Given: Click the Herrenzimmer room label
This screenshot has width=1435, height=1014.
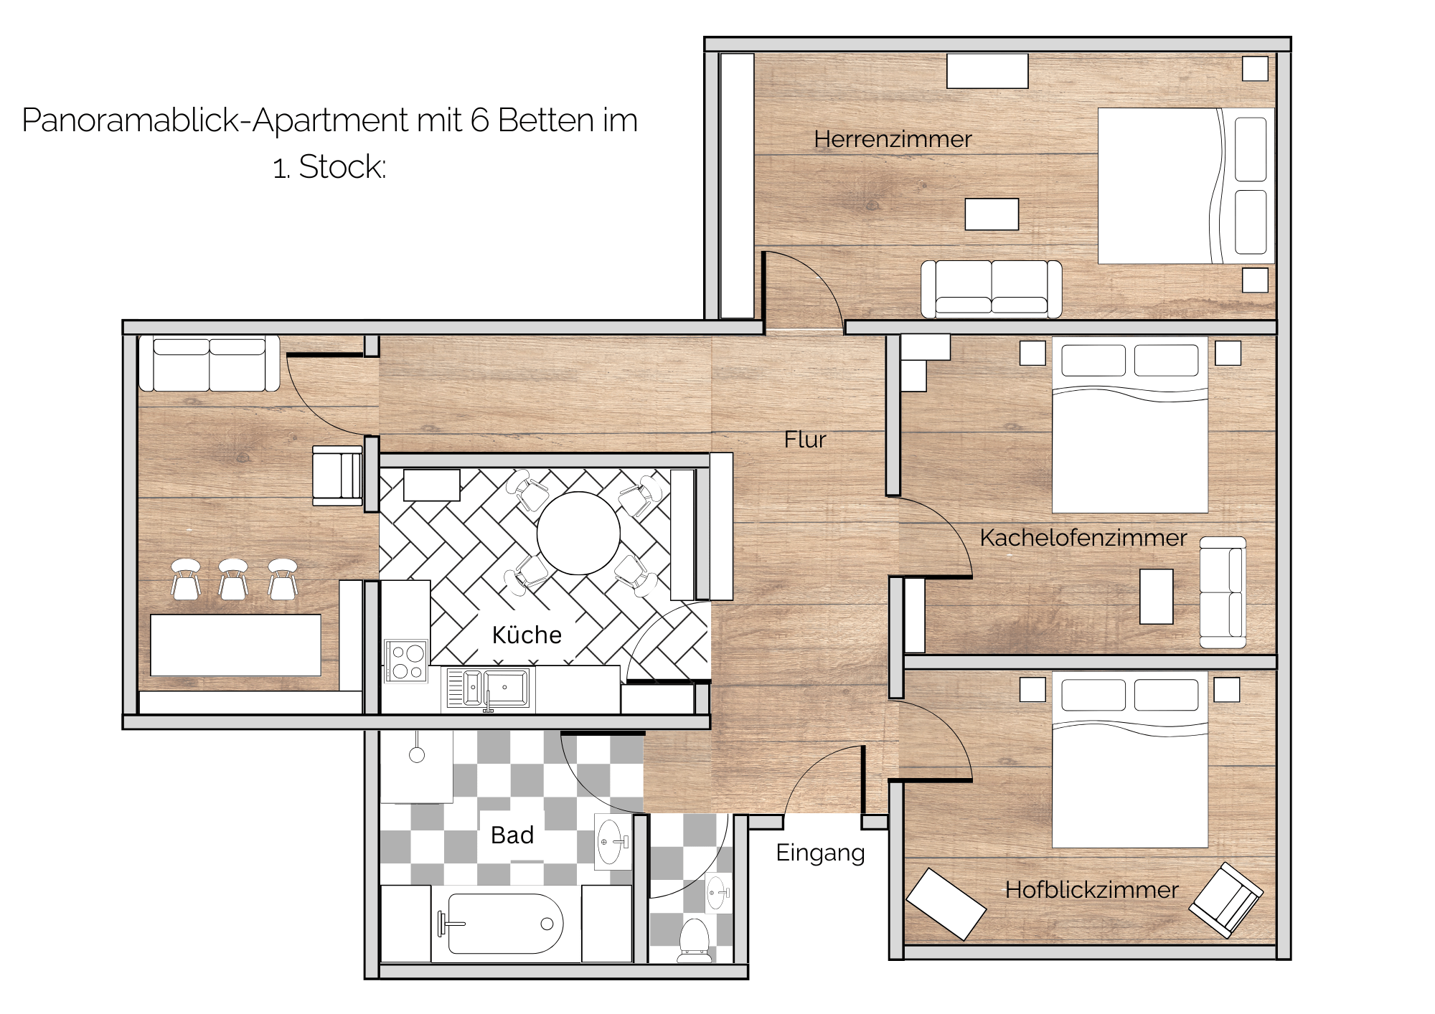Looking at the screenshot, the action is tap(893, 139).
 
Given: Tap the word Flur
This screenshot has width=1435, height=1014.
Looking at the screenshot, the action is tap(805, 440).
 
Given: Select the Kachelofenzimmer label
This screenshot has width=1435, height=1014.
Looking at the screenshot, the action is tap(1083, 538).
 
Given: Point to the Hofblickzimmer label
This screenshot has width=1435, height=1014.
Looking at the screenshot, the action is tap(1091, 890).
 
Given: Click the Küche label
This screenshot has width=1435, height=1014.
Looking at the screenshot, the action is tap(527, 635).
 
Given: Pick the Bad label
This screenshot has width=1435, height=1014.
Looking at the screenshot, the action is tap(512, 835).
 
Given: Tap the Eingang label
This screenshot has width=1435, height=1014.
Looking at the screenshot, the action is tap(820, 853).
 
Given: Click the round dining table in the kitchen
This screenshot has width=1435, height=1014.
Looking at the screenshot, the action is tap(578, 533).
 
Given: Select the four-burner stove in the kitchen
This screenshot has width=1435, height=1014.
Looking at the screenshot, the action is tap(407, 661).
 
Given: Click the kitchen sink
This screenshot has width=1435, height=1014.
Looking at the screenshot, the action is tap(489, 688).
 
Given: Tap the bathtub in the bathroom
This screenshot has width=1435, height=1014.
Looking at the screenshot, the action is tap(506, 924).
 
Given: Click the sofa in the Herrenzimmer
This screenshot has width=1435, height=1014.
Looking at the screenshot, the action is tap(992, 289).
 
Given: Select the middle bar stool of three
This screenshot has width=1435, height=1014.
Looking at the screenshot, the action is tap(233, 579).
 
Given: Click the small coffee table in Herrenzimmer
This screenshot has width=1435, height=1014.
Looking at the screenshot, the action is tap(992, 214).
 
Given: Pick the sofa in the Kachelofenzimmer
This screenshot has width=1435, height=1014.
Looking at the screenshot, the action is tap(1223, 592).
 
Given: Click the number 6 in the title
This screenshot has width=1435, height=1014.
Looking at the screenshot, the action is tap(479, 120).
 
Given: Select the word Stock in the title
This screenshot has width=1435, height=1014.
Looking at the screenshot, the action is tap(342, 167).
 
